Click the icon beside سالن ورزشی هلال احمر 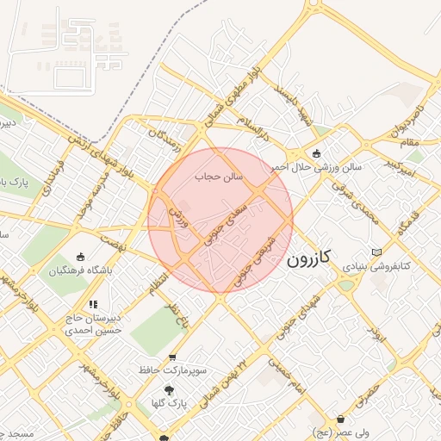click(316, 153)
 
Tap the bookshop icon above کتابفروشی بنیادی click(376, 252)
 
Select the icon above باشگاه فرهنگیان click(80, 256)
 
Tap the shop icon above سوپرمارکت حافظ click(173, 357)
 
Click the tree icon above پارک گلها click(169, 389)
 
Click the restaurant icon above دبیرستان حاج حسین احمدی click(93, 304)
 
